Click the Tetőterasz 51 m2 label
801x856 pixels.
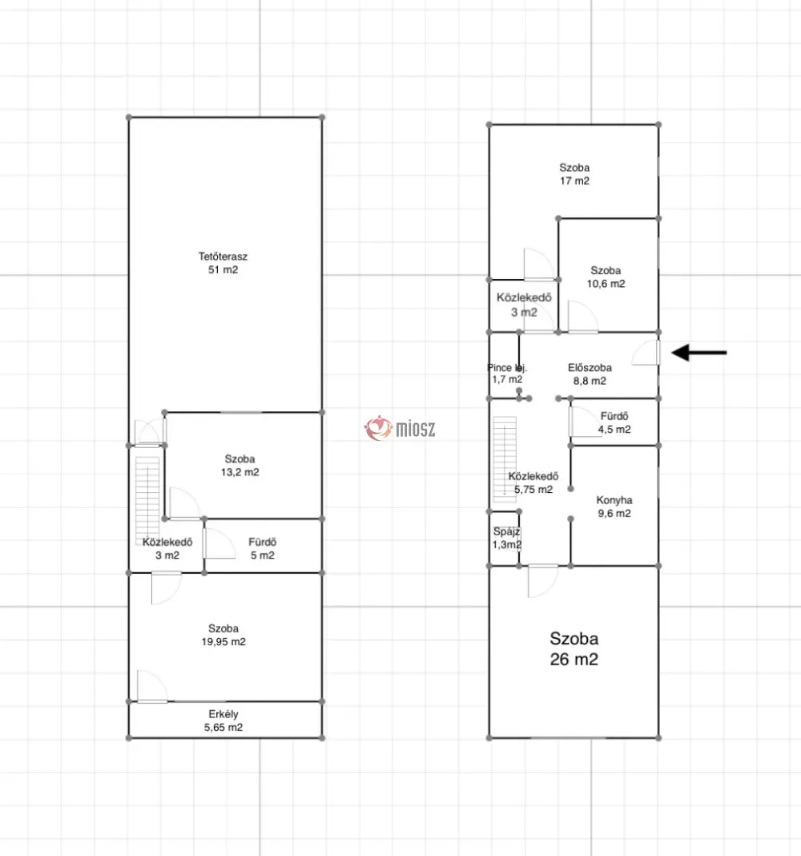(x=223, y=263)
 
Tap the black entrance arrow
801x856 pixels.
(x=699, y=353)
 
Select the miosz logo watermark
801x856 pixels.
(x=400, y=428)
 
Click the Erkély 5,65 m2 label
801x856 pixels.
(x=223, y=721)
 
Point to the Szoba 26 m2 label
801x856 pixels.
(x=574, y=648)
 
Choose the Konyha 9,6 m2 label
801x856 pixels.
(x=614, y=507)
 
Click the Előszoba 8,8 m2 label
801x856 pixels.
(x=590, y=374)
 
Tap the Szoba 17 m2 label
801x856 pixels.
(x=574, y=174)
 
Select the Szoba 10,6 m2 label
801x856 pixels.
(x=606, y=277)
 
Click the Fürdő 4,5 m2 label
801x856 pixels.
(x=614, y=422)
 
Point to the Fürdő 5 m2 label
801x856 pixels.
(x=262, y=549)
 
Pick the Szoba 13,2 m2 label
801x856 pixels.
(x=239, y=466)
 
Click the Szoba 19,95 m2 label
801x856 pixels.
(x=223, y=635)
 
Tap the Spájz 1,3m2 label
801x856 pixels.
(x=507, y=538)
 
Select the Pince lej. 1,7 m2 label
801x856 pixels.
(x=507, y=373)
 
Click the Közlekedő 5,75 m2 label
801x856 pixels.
(x=533, y=483)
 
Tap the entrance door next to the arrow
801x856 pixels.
(x=647, y=353)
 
